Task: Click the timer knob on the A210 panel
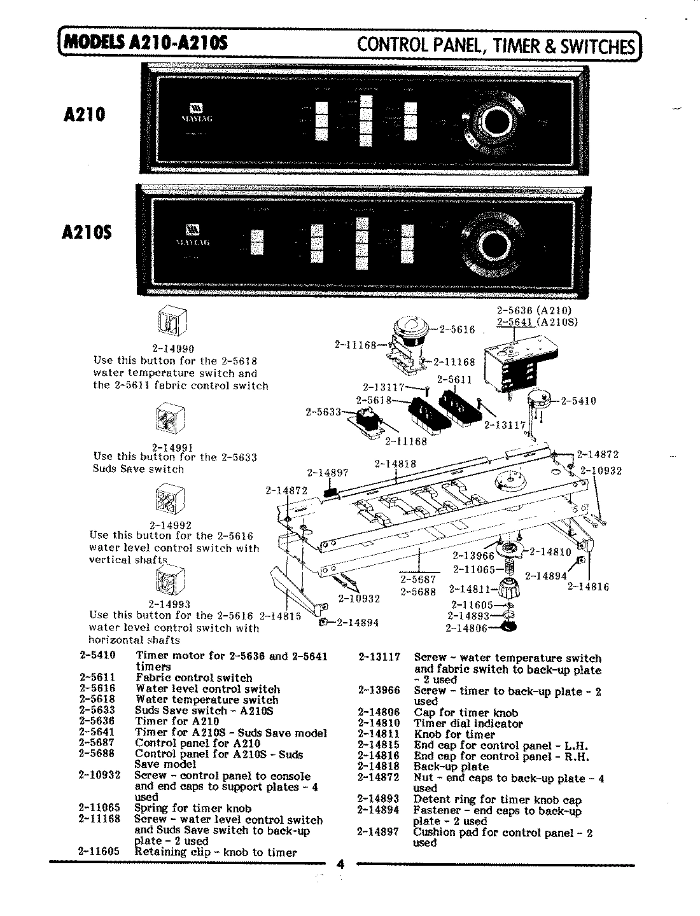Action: click(x=495, y=121)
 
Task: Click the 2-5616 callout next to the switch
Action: click(x=458, y=330)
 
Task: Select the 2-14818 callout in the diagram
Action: click(x=395, y=464)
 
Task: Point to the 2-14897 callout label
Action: click(x=328, y=473)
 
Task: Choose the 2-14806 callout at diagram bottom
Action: click(x=466, y=628)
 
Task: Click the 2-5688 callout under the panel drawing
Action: click(x=418, y=592)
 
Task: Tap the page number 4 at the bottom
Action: click(x=340, y=864)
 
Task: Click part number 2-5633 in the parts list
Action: click(x=97, y=711)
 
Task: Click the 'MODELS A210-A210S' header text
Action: click(x=146, y=43)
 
